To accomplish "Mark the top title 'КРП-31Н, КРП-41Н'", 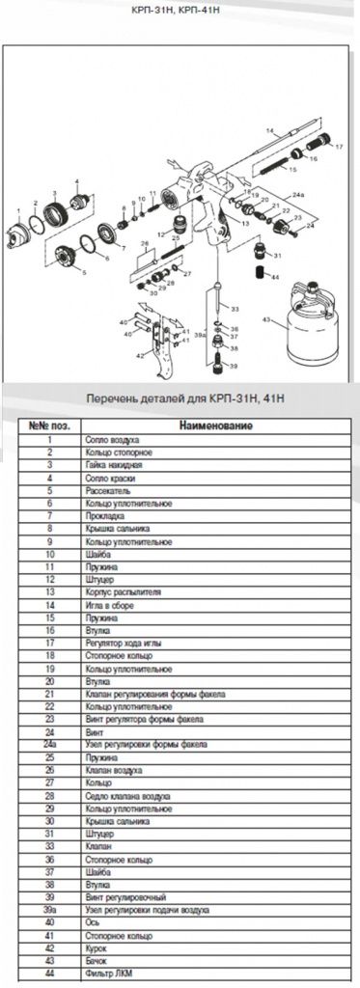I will [x=180, y=12].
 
